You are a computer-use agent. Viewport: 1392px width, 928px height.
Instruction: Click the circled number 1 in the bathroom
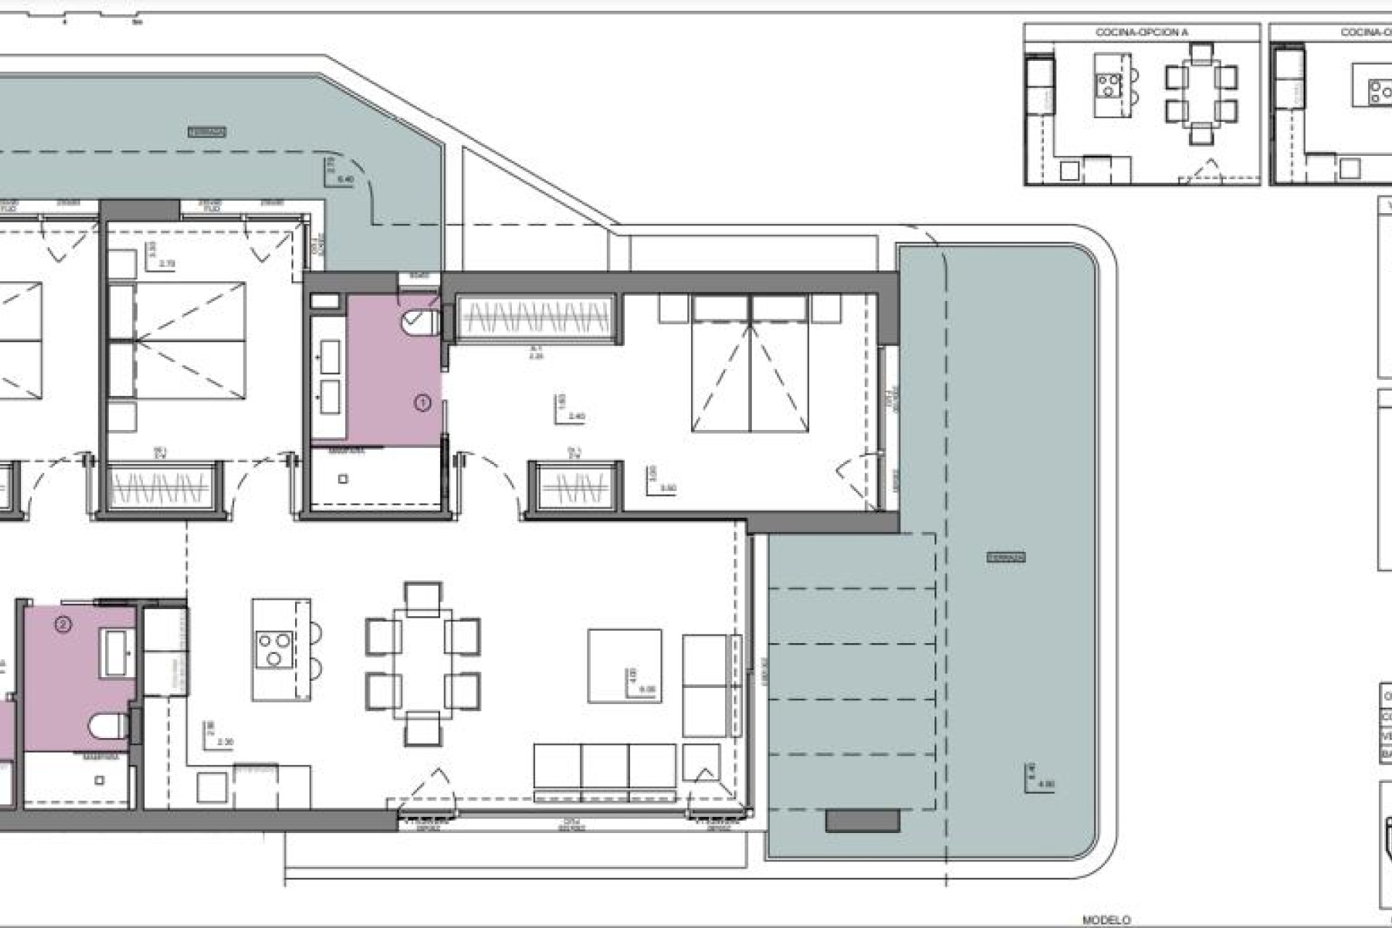422,402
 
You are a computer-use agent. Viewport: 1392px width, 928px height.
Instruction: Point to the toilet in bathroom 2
108,725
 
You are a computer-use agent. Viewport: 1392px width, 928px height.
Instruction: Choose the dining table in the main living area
423,663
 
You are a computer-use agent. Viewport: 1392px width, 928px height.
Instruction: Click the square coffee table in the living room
624,666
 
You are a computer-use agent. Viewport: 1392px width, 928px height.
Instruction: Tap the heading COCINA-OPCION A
1142,32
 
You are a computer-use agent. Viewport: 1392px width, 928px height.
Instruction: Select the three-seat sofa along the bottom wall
605,767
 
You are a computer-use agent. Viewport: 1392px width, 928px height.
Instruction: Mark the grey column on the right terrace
863,821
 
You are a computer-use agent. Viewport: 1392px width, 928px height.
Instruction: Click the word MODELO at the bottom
1106,920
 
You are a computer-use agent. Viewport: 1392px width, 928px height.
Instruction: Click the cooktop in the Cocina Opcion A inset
1109,86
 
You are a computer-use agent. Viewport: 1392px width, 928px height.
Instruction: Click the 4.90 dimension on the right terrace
1045,784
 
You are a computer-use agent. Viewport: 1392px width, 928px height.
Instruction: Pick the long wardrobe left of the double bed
536,319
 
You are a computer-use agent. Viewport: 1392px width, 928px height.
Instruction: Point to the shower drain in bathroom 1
344,478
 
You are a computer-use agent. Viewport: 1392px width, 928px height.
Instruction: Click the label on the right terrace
1006,558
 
